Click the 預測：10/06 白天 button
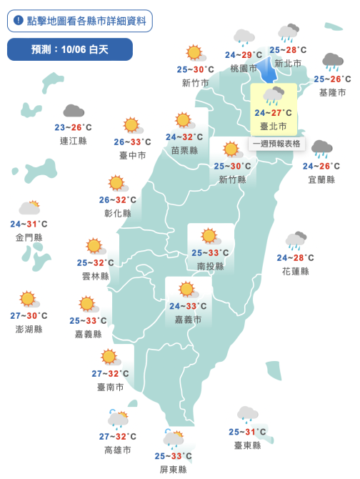[x=70, y=49]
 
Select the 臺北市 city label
[x=274, y=126]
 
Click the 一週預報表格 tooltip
[x=278, y=144]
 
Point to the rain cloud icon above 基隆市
[x=333, y=61]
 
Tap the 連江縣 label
[x=73, y=141]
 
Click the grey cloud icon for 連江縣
[x=74, y=112]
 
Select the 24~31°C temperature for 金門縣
[x=29, y=224]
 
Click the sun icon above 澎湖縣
[x=28, y=299]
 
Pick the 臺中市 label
[x=132, y=155]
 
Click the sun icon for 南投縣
[x=209, y=236]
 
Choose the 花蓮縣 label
[x=296, y=271]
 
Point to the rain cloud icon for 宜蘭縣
[x=321, y=149]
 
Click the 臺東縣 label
[x=247, y=445]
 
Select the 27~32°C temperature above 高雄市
[x=118, y=437]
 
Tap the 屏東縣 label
[x=173, y=469]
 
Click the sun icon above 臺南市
[x=109, y=356]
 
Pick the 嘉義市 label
[x=188, y=320]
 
